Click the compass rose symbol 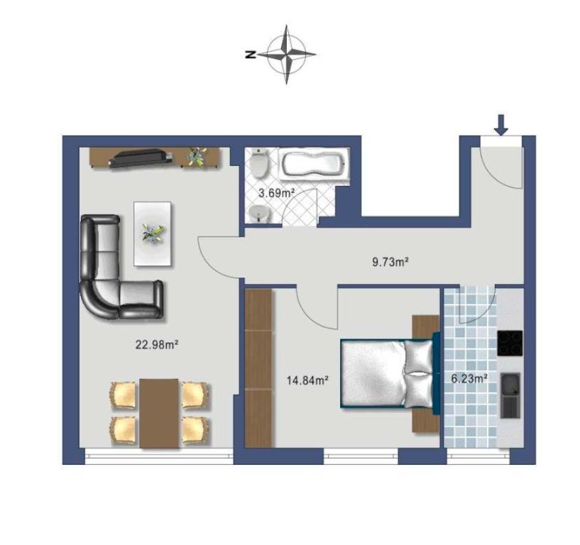point(286,55)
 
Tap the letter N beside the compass point(251,55)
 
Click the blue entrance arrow point(501,125)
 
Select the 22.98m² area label point(157,346)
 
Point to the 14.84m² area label point(308,380)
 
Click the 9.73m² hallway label point(390,263)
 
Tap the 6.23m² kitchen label point(469,379)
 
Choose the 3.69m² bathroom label point(276,193)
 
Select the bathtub point(314,165)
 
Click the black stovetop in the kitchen point(510,343)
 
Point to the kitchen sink point(510,395)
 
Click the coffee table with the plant point(153,233)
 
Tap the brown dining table point(159,414)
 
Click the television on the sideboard point(141,158)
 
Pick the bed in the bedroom point(386,374)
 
